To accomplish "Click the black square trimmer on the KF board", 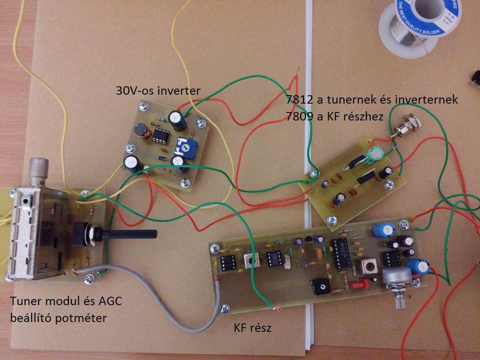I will [319, 287].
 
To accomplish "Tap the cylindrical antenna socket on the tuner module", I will [39, 171].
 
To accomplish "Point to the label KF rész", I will [252, 328].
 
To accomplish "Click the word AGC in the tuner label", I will [110, 301].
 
